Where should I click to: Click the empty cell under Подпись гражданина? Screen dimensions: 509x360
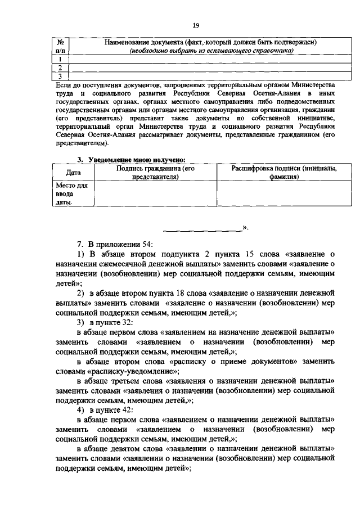coord(155,193)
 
